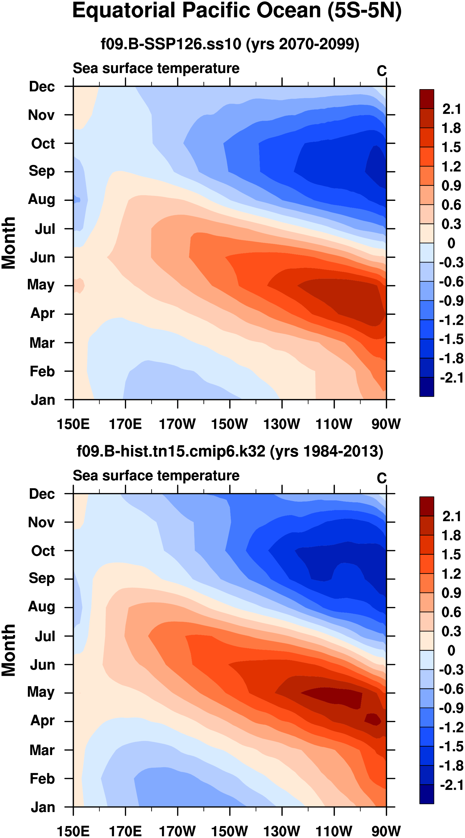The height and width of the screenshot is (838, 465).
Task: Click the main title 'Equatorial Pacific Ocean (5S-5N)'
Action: pyautogui.click(x=237, y=11)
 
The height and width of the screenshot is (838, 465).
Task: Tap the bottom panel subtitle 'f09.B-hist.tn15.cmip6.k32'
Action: pyautogui.click(x=171, y=451)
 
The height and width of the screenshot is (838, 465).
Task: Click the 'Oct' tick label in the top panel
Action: pyautogui.click(x=43, y=143)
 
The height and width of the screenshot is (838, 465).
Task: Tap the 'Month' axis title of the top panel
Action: pyautogui.click(x=9, y=243)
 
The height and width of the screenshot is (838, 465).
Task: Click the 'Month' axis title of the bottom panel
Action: pyautogui.click(x=9, y=650)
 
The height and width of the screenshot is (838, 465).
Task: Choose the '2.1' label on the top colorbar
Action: pyautogui.click(x=451, y=109)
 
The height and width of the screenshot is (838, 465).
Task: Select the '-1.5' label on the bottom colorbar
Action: pyautogui.click(x=451, y=747)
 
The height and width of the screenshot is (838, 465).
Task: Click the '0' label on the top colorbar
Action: pyautogui.click(x=451, y=243)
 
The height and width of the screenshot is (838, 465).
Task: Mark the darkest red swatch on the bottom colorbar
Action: pyautogui.click(x=427, y=506)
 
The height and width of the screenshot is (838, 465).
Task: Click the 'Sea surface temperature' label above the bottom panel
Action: pyautogui.click(x=156, y=476)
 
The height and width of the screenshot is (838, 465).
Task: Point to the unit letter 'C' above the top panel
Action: pyautogui.click(x=382, y=71)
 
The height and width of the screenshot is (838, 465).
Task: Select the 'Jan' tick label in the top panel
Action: pyautogui.click(x=43, y=400)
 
